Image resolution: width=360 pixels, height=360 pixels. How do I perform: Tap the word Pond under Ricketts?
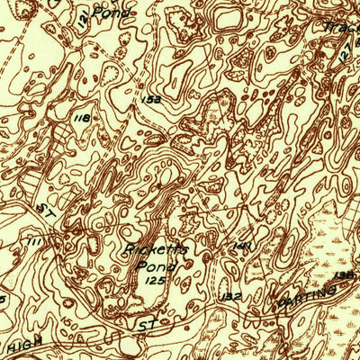(x=151, y=265)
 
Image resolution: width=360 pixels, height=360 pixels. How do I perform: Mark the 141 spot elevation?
(x=240, y=245)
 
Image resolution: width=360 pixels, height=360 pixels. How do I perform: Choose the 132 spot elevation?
(x=231, y=295)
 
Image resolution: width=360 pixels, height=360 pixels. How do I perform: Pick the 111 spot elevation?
(x=37, y=242)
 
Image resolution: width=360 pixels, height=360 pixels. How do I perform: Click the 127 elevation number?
(x=346, y=54)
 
